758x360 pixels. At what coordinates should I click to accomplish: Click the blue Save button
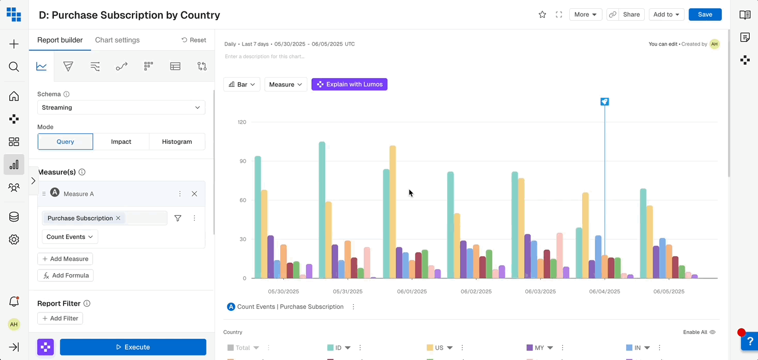(x=705, y=14)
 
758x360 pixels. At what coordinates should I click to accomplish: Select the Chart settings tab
(x=117, y=40)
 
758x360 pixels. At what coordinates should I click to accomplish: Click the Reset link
(x=194, y=40)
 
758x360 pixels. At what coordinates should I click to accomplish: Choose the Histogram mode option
(x=177, y=142)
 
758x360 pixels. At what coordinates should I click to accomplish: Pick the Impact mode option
(x=121, y=142)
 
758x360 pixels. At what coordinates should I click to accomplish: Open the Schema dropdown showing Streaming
(x=121, y=108)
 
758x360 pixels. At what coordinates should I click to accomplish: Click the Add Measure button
(x=65, y=259)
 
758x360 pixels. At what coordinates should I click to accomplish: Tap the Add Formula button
(x=66, y=275)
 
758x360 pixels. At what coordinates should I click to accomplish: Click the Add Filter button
(x=60, y=318)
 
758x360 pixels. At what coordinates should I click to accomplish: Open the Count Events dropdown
(x=70, y=237)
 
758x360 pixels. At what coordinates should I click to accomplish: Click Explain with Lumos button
(x=350, y=84)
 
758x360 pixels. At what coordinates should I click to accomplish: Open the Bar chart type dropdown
(x=242, y=84)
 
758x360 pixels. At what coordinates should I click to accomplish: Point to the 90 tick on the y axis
(x=242, y=161)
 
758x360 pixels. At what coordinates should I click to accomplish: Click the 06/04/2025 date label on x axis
(x=604, y=291)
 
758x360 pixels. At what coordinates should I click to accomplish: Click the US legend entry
(x=439, y=348)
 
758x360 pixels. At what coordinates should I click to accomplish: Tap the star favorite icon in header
(x=542, y=14)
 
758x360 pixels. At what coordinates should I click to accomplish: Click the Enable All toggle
(x=699, y=332)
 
